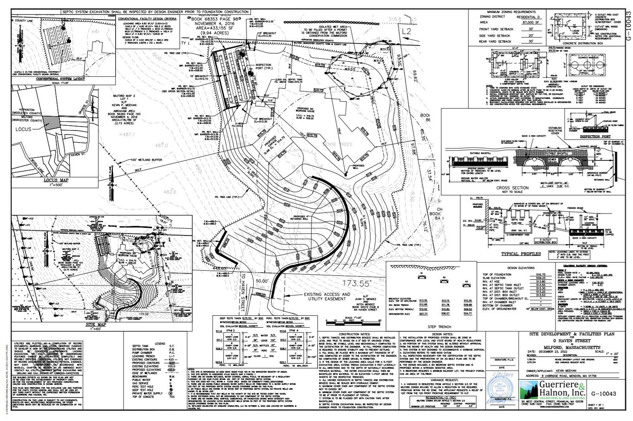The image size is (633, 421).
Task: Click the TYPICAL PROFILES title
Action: tap(521, 254)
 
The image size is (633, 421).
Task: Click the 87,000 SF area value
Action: tap(531, 23)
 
